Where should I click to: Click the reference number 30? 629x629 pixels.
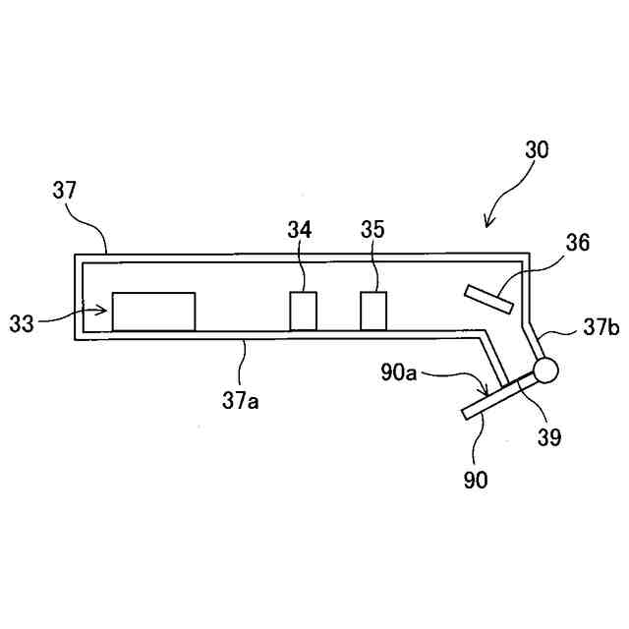point(537,150)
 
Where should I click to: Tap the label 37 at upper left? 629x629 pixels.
point(65,191)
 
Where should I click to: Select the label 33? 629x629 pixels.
point(22,322)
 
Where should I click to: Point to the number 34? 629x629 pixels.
point(300,229)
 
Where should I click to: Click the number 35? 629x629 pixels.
point(372,229)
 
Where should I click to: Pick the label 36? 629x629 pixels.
point(578,242)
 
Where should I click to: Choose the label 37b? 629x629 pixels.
point(600,328)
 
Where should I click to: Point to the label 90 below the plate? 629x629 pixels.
point(476,479)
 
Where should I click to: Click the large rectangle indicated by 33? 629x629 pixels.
point(153,312)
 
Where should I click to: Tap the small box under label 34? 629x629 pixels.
point(303,312)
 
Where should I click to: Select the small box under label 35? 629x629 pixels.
point(373,312)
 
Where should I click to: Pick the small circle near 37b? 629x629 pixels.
point(544,371)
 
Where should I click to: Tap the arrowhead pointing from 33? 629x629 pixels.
point(104,312)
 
